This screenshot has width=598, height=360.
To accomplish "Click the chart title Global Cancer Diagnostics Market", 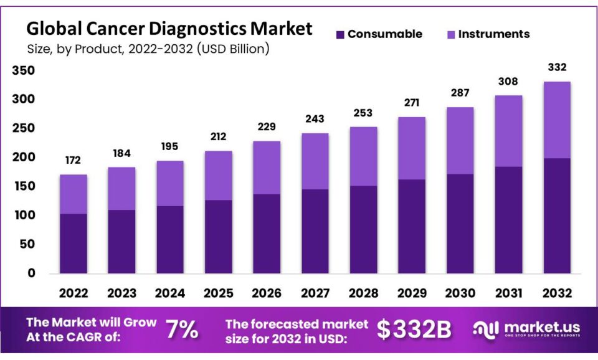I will (169, 28).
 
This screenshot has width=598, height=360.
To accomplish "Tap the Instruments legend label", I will (494, 34).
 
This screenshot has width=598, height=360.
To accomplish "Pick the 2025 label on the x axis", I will (218, 292).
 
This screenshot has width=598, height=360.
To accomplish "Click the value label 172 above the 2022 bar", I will (73, 161).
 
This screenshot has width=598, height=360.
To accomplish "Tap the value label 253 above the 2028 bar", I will (363, 113).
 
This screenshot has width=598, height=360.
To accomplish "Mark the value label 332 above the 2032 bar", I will (557, 67).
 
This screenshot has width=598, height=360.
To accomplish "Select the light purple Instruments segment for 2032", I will (557, 120).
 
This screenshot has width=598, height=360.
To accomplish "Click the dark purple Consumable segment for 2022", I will (73, 243).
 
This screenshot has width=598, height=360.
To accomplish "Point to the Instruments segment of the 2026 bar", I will (267, 168).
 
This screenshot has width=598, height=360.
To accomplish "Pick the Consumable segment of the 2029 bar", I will (412, 226).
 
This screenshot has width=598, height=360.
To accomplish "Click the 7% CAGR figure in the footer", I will (182, 331).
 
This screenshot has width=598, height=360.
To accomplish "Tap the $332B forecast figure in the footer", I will (414, 331).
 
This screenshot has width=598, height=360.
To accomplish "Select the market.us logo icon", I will (485, 329).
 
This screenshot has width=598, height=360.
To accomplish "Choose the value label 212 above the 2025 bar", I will (218, 137).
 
